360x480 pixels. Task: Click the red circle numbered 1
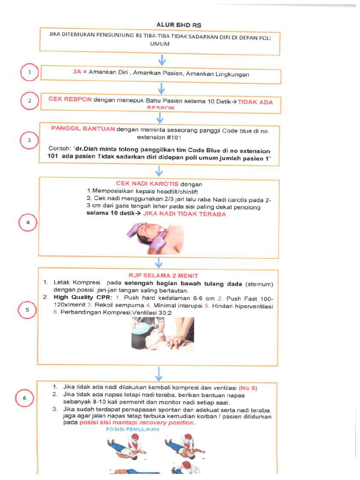tap(30, 73)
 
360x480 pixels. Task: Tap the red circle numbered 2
tap(30, 101)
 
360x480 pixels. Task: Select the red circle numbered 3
tap(30, 140)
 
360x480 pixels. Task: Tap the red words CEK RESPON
tap(70, 100)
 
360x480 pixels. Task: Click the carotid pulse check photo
tap(154, 238)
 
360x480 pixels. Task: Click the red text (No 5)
tap(248, 388)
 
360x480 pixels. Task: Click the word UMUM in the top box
tap(159, 44)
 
